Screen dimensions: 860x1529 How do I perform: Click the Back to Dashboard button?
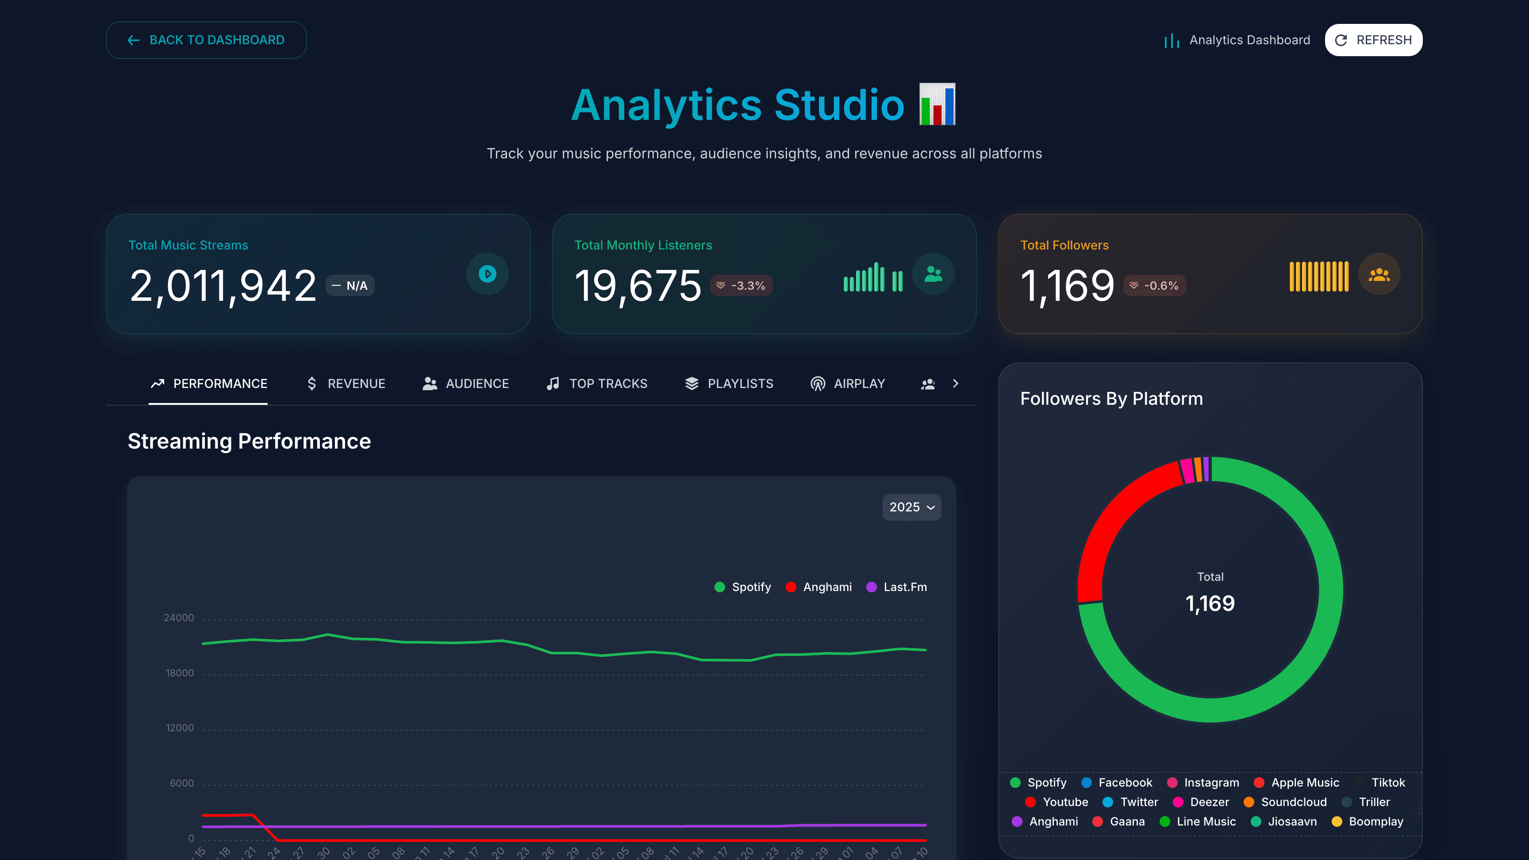[206, 40]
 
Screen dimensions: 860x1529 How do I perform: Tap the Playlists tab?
[729, 384]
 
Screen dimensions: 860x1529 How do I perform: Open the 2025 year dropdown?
[911, 507]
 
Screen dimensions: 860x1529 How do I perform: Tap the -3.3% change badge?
[741, 285]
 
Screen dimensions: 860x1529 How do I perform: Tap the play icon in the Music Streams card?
[487, 273]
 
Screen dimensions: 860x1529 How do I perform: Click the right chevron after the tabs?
[955, 384]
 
